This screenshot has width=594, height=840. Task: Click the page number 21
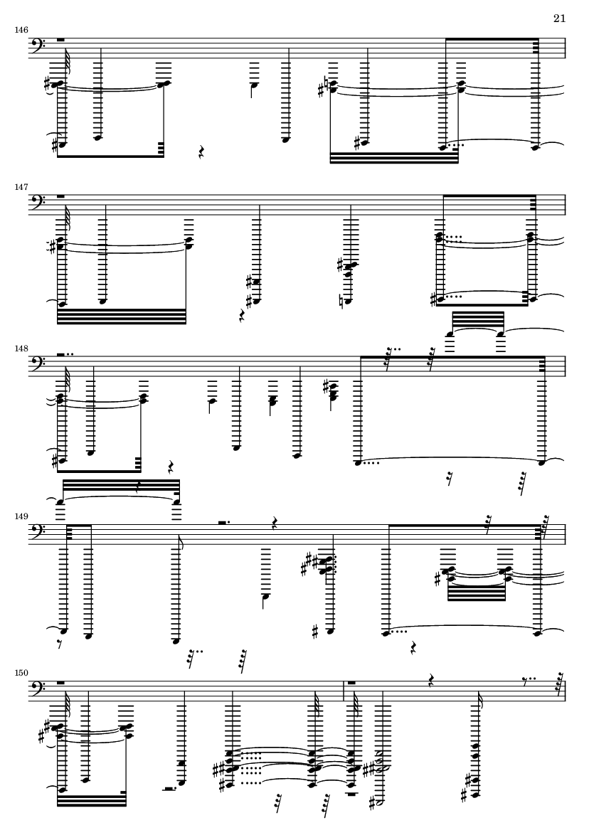click(x=559, y=18)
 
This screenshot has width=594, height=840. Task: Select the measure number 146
click(x=21, y=30)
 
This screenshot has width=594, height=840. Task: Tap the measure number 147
click(x=21, y=188)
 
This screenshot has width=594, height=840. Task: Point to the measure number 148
click(x=21, y=349)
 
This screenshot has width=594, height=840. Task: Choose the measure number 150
click(x=21, y=673)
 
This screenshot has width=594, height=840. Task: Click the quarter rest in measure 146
click(x=201, y=153)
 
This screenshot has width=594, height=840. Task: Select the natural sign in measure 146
click(x=327, y=83)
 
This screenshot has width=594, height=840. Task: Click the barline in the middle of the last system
click(x=344, y=691)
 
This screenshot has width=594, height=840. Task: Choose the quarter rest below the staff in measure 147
click(x=242, y=316)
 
